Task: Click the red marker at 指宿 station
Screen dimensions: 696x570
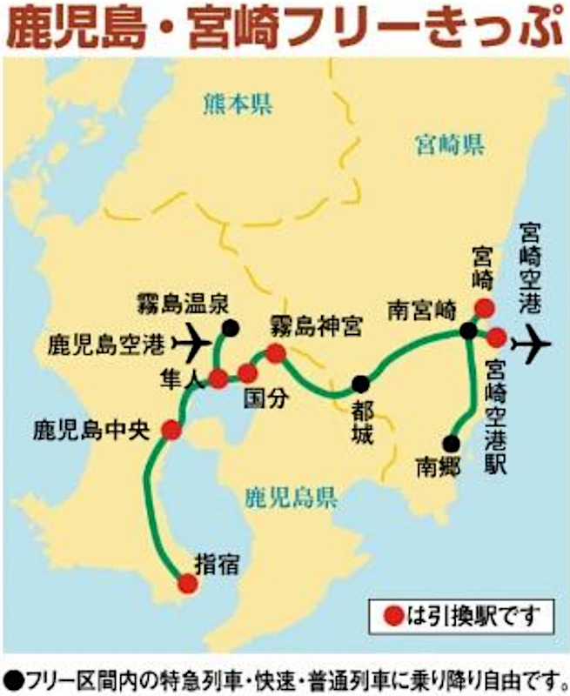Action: pos(187,584)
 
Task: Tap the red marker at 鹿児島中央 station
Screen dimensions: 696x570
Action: pos(172,430)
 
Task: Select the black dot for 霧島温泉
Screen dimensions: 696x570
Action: pos(230,328)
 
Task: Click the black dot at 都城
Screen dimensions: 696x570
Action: pos(359,385)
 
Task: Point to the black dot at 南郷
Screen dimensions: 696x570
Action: pos(452,442)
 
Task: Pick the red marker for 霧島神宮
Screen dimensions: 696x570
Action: pos(276,353)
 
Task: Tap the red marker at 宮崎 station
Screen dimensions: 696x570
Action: pos(484,307)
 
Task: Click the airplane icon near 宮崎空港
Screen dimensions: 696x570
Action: pos(533,345)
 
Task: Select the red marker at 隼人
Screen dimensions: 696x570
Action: pos(218,378)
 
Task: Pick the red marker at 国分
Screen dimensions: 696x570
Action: pos(248,374)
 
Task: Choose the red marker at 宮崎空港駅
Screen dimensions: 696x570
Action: pos(496,337)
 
